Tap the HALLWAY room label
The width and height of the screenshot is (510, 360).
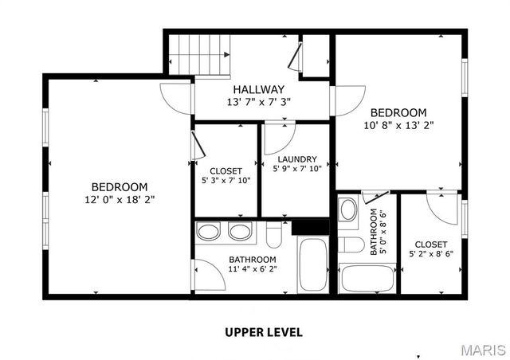[259, 89]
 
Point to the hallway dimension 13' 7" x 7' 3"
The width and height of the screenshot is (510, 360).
[259, 102]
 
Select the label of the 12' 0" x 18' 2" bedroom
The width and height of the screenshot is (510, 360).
[118, 186]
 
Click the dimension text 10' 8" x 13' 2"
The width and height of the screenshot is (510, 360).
[398, 124]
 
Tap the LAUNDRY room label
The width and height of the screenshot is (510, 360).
[297, 158]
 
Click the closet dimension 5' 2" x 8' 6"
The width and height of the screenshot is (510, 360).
[430, 255]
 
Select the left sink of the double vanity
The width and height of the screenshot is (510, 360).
[210, 232]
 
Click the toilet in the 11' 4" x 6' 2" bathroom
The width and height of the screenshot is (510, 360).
[274, 236]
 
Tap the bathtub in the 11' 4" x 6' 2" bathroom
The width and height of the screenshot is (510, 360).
[311, 264]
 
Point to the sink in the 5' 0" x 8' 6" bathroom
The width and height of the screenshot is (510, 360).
[348, 210]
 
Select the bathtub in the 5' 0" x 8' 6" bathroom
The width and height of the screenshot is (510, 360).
[367, 278]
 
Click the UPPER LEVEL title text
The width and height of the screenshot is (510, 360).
[263, 332]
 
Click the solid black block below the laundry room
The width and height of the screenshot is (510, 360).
[310, 226]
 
